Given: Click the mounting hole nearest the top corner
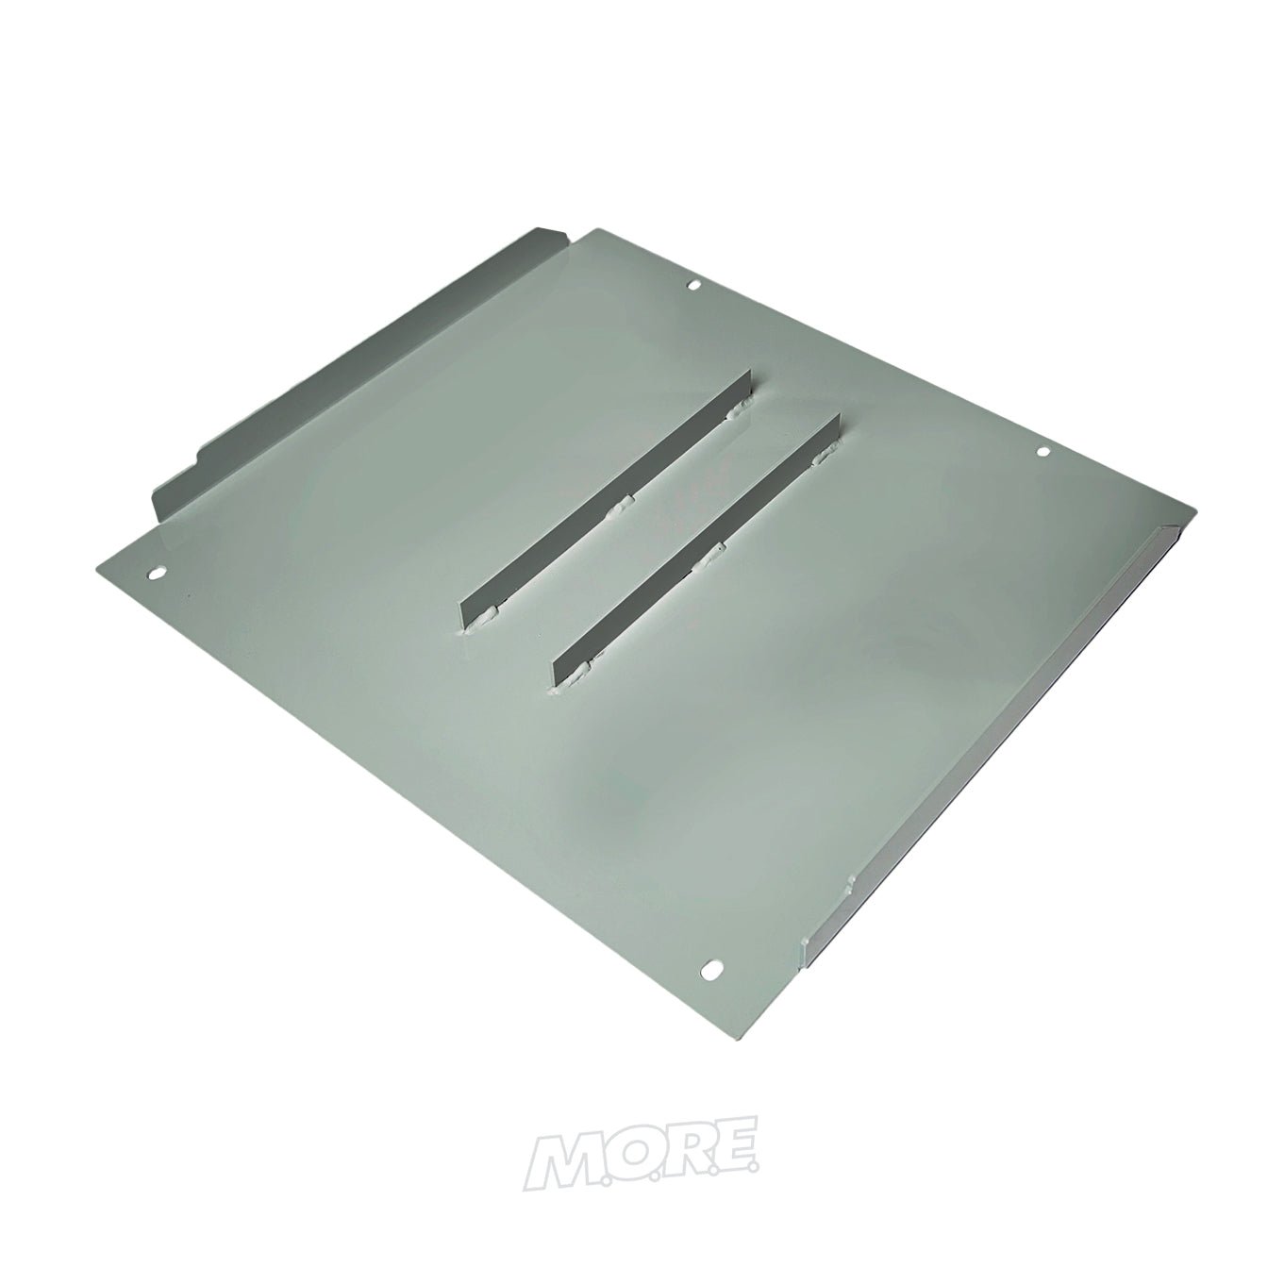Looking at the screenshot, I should [x=692, y=285].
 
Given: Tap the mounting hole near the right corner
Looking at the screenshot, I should [x=1043, y=454].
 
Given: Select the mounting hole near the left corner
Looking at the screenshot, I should [x=157, y=572].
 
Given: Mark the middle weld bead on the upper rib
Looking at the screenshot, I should [x=621, y=510].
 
